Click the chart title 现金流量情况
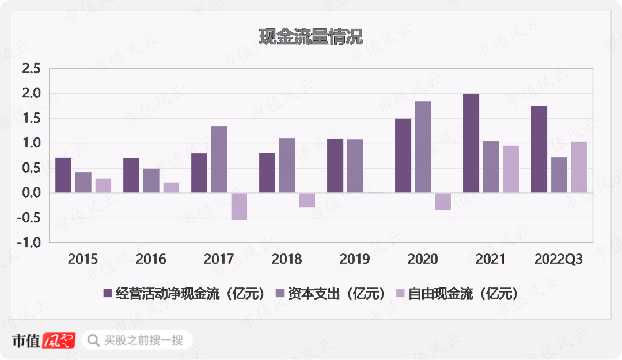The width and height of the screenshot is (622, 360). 311,37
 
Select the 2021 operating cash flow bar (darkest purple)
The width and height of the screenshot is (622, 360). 471,143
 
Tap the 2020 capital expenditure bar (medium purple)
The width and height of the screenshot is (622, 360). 423,147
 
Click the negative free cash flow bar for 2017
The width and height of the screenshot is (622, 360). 239,206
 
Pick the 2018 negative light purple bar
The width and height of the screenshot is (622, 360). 307,200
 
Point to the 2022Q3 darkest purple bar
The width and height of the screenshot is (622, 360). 539,149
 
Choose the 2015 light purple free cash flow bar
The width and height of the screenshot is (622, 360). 103,185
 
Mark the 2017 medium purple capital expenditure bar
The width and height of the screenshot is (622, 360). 219,160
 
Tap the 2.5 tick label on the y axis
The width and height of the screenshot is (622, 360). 31,69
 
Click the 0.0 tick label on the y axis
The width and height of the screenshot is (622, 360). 31,193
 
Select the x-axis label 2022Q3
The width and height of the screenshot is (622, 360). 559,260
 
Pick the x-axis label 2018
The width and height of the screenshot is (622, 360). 287,260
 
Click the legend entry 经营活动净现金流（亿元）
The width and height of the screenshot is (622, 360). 184,294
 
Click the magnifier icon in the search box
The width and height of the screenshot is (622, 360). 93,340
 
